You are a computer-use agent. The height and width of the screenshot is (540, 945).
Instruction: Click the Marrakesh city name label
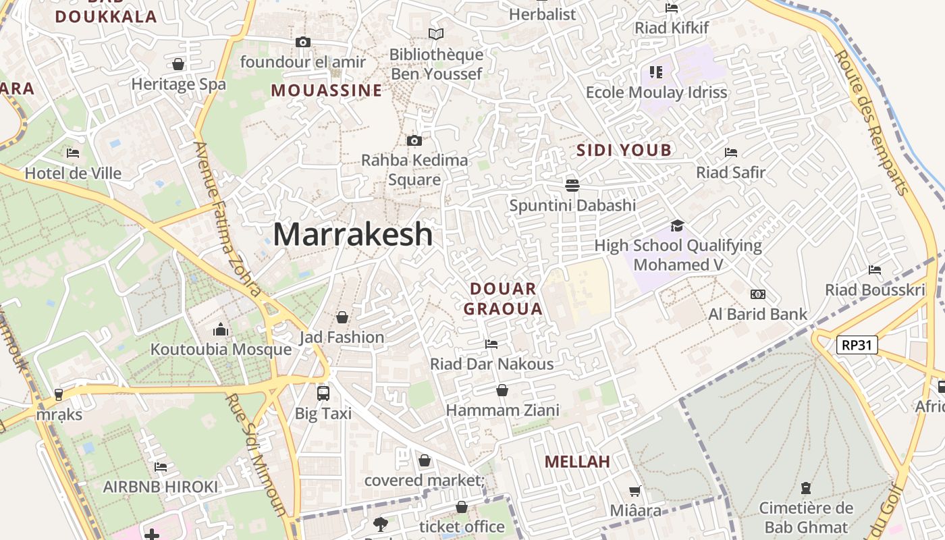352,234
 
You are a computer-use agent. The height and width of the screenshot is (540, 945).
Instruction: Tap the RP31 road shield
857,345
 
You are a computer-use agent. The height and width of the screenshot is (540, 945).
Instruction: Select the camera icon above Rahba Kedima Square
414,141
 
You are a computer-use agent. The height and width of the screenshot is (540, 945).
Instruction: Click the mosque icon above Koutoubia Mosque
221,330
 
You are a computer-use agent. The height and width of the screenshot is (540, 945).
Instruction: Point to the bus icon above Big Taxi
323,393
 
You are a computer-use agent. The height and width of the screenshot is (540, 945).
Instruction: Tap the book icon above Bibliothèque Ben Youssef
436,34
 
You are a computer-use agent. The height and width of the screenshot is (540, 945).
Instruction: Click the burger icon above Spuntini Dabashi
572,185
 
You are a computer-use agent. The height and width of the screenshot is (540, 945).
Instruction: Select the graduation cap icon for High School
677,225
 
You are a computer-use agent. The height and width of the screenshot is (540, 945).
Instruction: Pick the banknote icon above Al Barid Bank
757,294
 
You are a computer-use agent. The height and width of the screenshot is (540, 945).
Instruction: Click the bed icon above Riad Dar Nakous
491,344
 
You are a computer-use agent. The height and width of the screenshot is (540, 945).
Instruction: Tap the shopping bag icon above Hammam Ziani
502,390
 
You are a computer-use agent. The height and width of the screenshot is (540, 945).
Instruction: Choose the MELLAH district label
577,462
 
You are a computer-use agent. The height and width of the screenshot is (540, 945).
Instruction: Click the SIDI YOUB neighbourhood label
624,150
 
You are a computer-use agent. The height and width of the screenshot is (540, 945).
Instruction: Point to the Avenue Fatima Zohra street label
227,219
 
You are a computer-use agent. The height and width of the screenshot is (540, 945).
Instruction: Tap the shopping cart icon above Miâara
635,491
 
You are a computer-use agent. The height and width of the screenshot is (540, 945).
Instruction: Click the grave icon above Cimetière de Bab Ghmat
805,487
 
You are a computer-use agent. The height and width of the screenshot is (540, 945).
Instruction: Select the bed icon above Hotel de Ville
73,153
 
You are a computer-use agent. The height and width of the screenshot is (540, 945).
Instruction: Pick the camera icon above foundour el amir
302,43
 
